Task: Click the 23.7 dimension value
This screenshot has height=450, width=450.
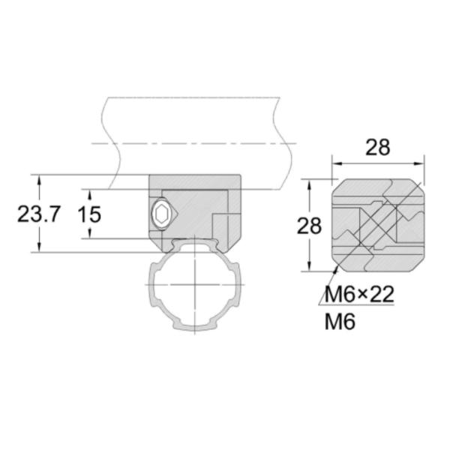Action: point(39,214)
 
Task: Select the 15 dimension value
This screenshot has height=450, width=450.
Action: point(90,214)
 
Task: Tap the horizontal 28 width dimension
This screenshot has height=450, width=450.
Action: point(378,148)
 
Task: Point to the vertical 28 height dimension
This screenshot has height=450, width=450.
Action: point(309,226)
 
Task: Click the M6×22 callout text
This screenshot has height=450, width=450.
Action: point(359,295)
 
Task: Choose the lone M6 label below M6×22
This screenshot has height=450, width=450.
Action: point(340,321)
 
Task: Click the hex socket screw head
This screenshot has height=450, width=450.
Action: point(161,214)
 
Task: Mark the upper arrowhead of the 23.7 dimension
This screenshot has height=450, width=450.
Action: point(39,180)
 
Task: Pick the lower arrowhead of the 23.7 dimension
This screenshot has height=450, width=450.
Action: point(39,247)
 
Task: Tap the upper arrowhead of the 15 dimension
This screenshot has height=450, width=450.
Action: point(90,194)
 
